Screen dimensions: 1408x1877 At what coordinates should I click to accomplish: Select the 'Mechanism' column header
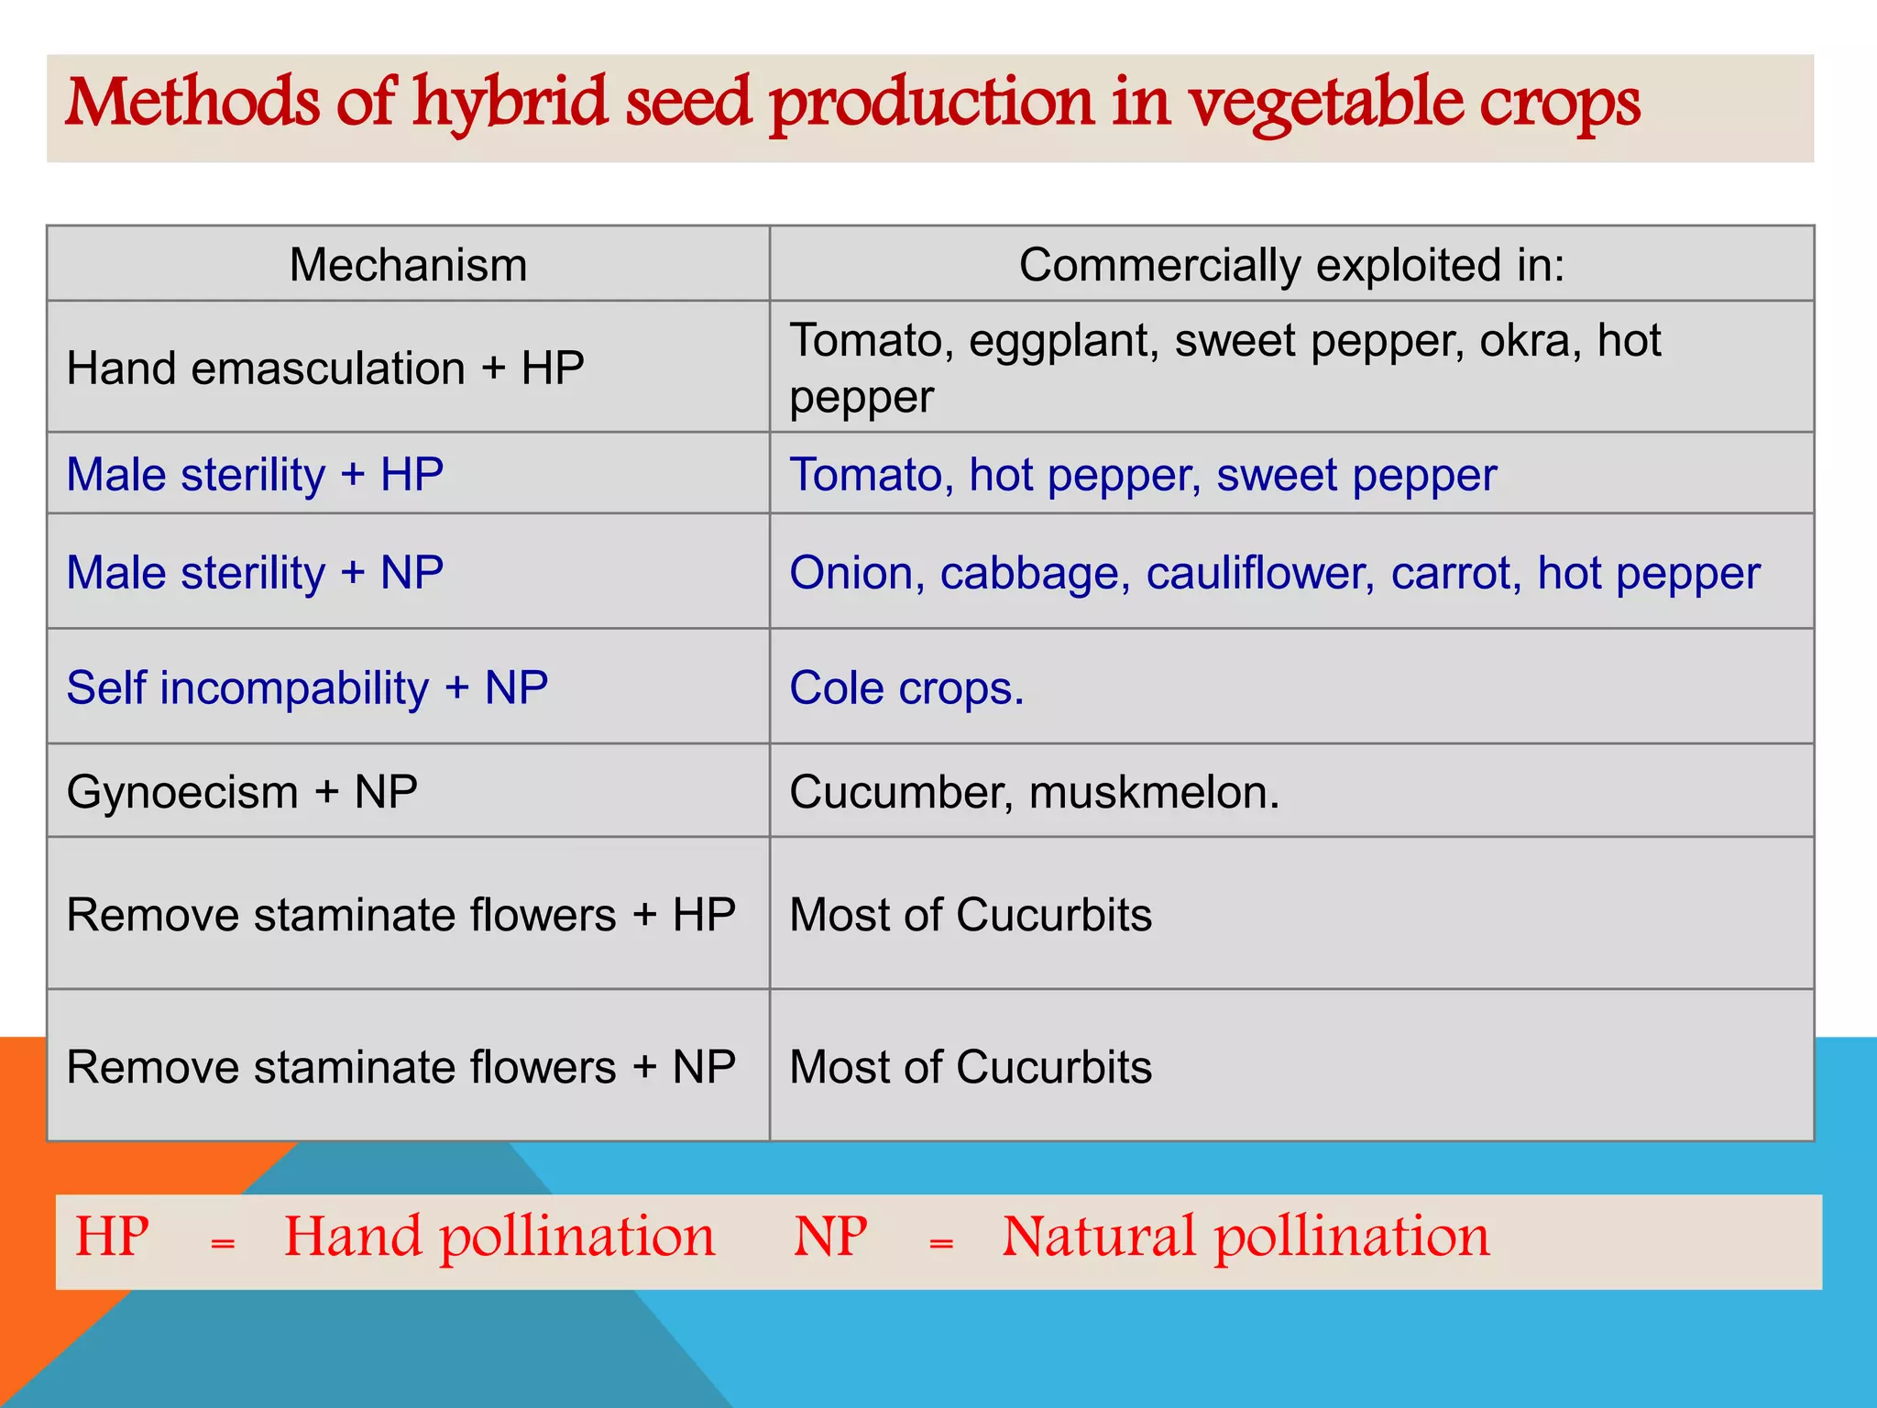tap(408, 265)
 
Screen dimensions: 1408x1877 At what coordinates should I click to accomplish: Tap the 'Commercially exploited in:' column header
tap(1291, 265)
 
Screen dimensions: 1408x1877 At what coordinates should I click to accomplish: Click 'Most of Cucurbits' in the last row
tap(971, 1067)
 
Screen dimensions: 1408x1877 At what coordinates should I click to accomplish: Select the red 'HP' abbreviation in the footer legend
tap(112, 1237)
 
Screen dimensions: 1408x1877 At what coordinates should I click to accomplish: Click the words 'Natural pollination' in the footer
tap(1246, 1237)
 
